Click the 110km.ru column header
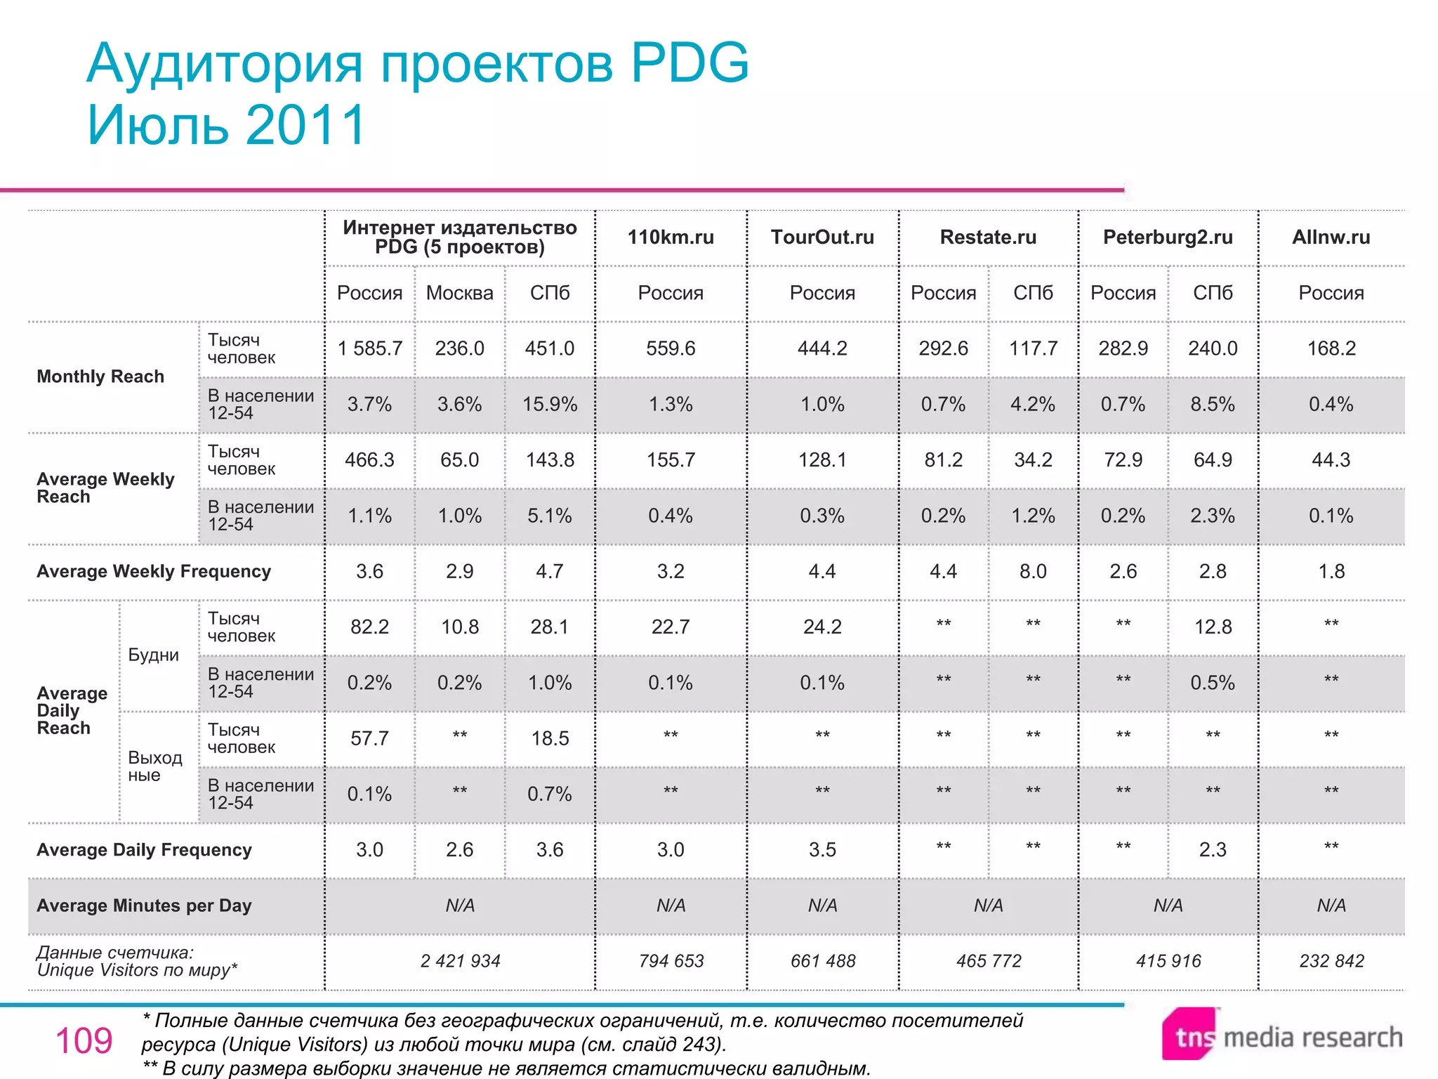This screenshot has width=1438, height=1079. [x=671, y=237]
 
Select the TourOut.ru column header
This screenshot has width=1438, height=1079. [x=822, y=237]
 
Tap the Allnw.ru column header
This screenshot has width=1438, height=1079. [x=1331, y=237]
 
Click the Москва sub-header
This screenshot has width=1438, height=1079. [x=460, y=293]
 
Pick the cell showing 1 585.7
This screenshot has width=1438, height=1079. [x=370, y=348]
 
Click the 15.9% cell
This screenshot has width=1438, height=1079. [x=550, y=405]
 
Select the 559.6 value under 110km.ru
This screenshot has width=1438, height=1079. [x=671, y=348]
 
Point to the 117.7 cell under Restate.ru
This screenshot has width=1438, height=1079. [x=1033, y=348]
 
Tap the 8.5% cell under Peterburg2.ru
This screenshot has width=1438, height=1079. [x=1213, y=405]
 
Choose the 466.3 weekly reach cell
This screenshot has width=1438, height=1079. [x=370, y=460]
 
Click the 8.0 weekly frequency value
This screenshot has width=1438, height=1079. [x=1033, y=571]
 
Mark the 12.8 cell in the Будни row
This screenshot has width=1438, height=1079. [x=1213, y=627]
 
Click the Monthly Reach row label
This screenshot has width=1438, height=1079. [x=100, y=377]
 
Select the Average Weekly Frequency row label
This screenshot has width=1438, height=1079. [x=154, y=571]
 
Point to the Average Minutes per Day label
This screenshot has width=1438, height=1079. [x=144, y=905]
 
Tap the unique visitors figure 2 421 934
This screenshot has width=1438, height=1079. [x=460, y=961]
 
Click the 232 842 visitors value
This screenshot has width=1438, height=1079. [x=1331, y=961]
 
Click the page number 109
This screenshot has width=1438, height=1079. [x=84, y=1040]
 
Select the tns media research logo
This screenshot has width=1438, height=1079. [x=1281, y=1035]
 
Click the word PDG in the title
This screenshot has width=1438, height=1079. [x=690, y=63]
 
